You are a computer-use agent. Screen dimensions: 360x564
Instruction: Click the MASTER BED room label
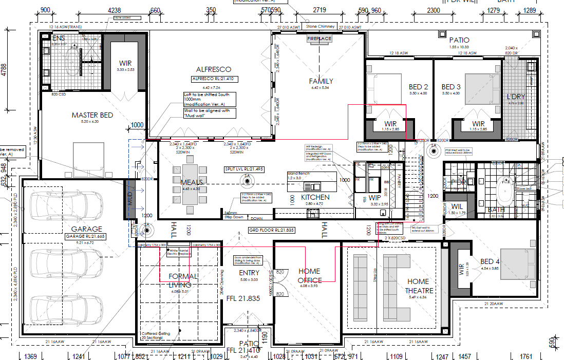92,115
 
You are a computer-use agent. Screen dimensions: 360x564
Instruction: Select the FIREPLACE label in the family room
319,39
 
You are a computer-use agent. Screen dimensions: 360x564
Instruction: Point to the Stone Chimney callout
321,26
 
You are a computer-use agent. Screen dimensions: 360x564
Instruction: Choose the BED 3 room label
451,87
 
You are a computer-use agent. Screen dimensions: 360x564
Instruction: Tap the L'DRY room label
516,97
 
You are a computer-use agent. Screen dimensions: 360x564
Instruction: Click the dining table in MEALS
190,184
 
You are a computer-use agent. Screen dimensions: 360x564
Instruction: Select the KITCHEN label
315,197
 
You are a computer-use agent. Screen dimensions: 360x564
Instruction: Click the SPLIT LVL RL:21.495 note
245,169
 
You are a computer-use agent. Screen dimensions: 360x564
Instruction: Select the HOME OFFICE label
309,276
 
